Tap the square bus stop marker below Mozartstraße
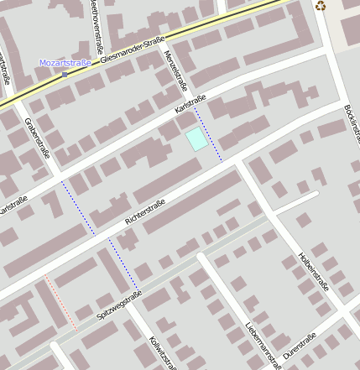(x=65, y=74)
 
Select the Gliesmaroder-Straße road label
(x=131, y=50)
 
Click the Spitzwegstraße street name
(x=120, y=305)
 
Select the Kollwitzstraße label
(x=162, y=351)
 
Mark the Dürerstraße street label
(x=300, y=347)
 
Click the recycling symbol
(x=321, y=7)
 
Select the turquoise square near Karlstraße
(x=196, y=139)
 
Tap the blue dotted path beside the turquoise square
(x=209, y=134)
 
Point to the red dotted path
(x=60, y=302)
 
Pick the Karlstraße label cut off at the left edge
(x=12, y=205)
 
